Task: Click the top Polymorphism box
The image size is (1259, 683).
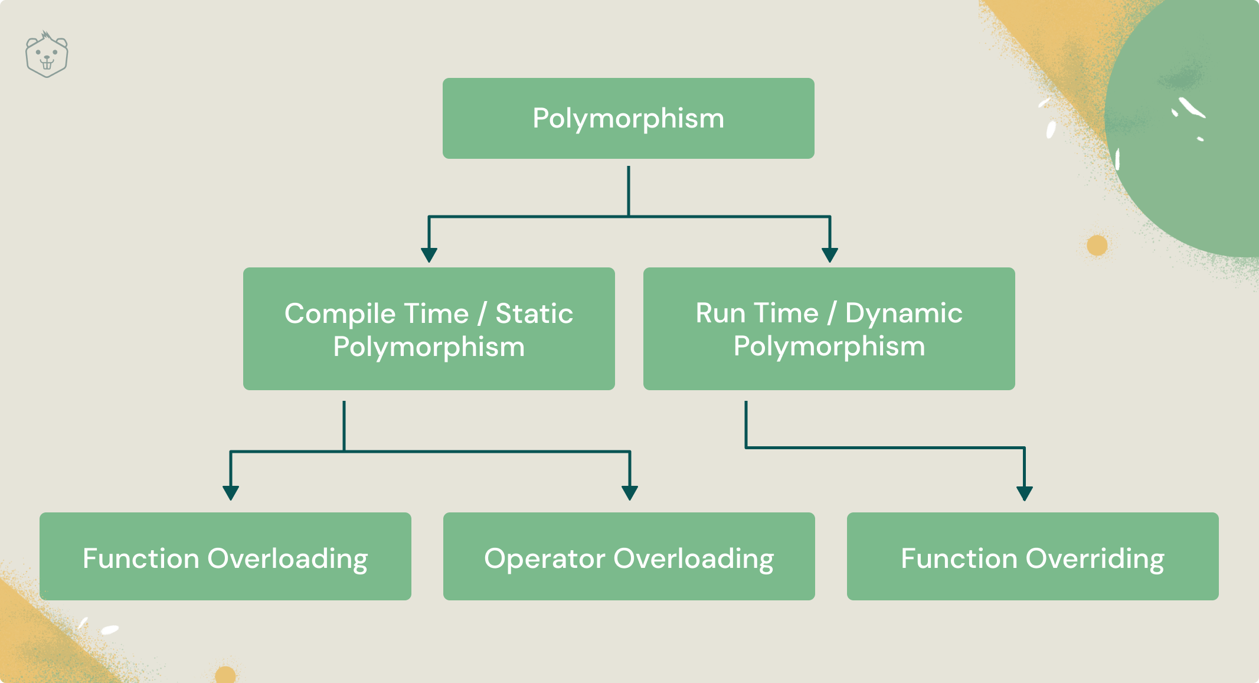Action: click(629, 118)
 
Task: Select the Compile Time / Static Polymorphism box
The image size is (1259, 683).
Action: click(429, 329)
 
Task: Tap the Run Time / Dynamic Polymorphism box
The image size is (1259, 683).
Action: click(829, 329)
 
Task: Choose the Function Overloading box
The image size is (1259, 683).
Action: click(225, 556)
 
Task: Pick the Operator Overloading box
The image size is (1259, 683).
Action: click(629, 556)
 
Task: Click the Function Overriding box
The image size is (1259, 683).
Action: click(1033, 556)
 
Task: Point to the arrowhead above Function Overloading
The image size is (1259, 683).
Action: click(231, 493)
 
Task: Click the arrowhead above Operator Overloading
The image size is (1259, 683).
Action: click(630, 493)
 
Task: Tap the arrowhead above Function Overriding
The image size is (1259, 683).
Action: click(1025, 494)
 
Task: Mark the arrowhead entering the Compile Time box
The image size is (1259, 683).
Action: click(429, 255)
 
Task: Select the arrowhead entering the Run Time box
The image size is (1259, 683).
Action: click(830, 255)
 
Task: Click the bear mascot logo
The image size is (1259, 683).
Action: click(47, 54)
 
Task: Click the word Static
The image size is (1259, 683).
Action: click(534, 313)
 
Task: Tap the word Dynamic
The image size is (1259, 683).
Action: click(904, 314)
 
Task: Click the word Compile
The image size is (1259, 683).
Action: click(377, 314)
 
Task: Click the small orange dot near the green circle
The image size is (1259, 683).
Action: click(1097, 245)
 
